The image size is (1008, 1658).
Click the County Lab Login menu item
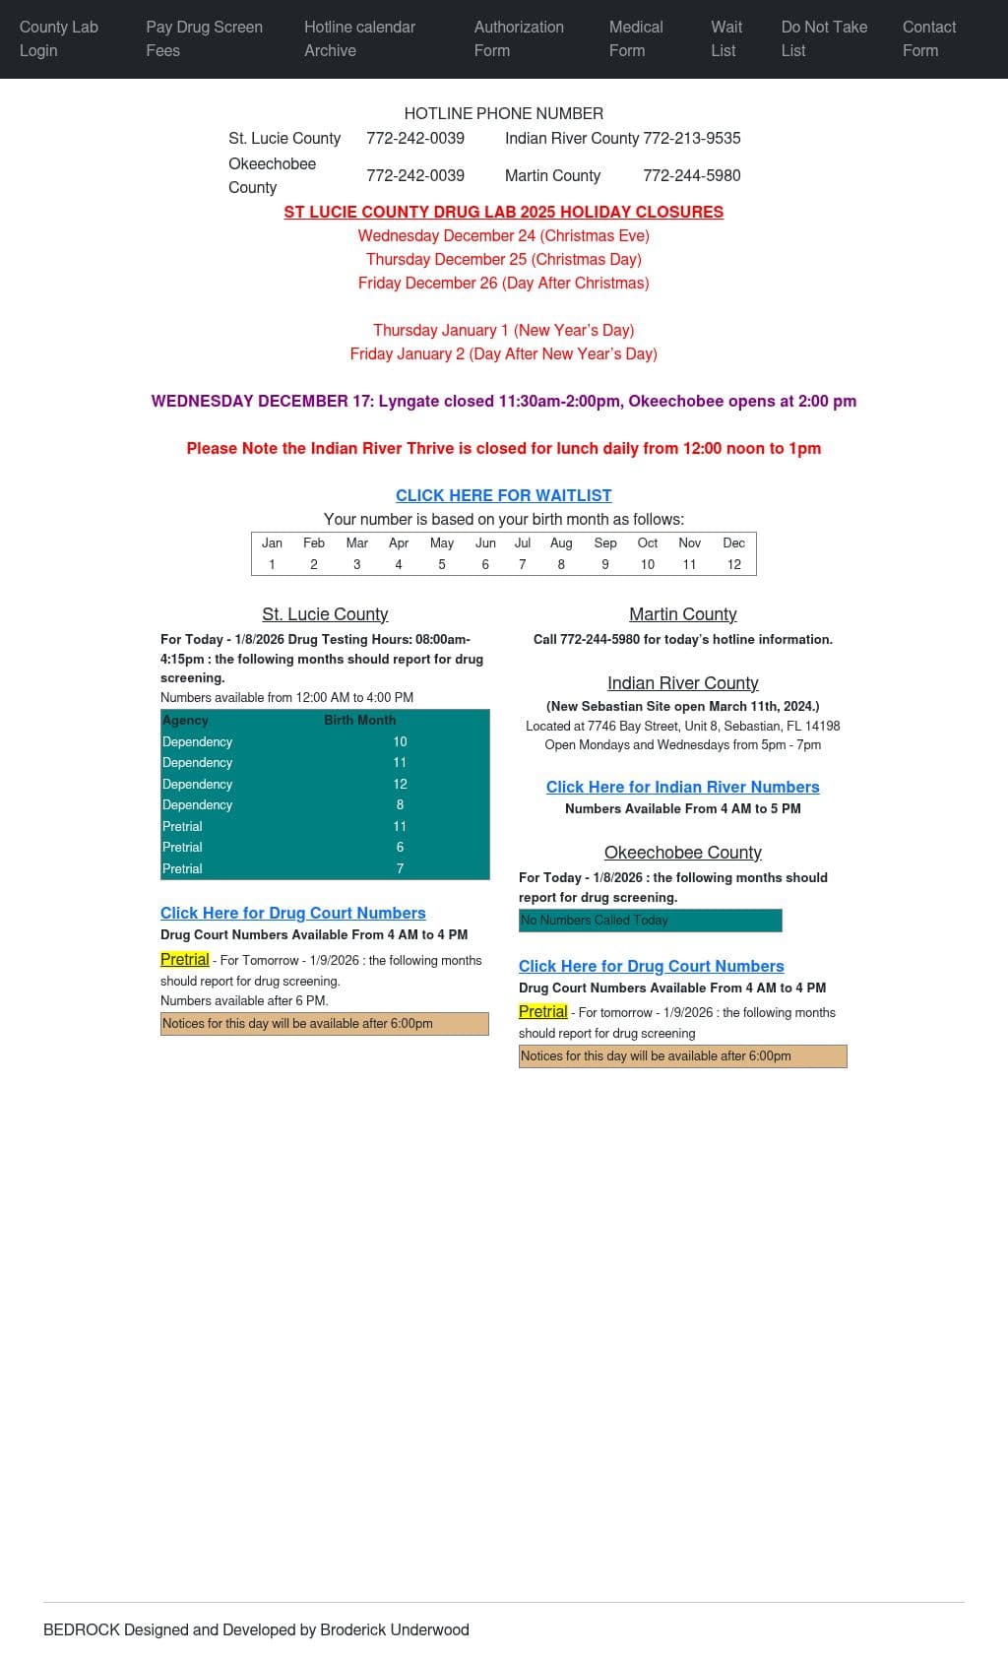click(x=59, y=38)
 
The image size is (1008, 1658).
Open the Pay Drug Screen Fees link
click(x=204, y=38)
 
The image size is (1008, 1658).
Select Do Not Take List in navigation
click(x=824, y=38)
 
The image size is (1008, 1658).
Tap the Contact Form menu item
click(x=928, y=38)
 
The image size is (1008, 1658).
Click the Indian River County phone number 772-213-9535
click(x=691, y=138)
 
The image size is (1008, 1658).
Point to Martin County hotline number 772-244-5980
click(x=691, y=175)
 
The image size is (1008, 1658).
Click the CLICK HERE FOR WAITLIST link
click(x=503, y=495)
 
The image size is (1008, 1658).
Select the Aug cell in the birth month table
click(x=561, y=542)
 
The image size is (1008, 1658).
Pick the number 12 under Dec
click(x=733, y=564)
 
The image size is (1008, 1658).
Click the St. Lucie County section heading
click(x=325, y=614)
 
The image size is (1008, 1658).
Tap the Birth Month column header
click(x=359, y=720)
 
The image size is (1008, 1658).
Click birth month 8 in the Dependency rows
click(x=400, y=804)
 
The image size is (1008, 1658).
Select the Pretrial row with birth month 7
click(x=325, y=868)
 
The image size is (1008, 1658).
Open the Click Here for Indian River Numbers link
click(x=682, y=787)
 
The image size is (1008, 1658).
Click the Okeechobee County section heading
click(x=682, y=853)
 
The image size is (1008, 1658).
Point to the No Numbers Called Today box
click(x=650, y=920)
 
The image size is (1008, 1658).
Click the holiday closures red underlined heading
click(x=503, y=212)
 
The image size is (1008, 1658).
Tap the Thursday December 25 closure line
click(x=503, y=259)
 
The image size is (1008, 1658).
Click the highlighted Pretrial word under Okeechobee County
click(x=542, y=1011)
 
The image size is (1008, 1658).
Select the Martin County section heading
click(x=682, y=614)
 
